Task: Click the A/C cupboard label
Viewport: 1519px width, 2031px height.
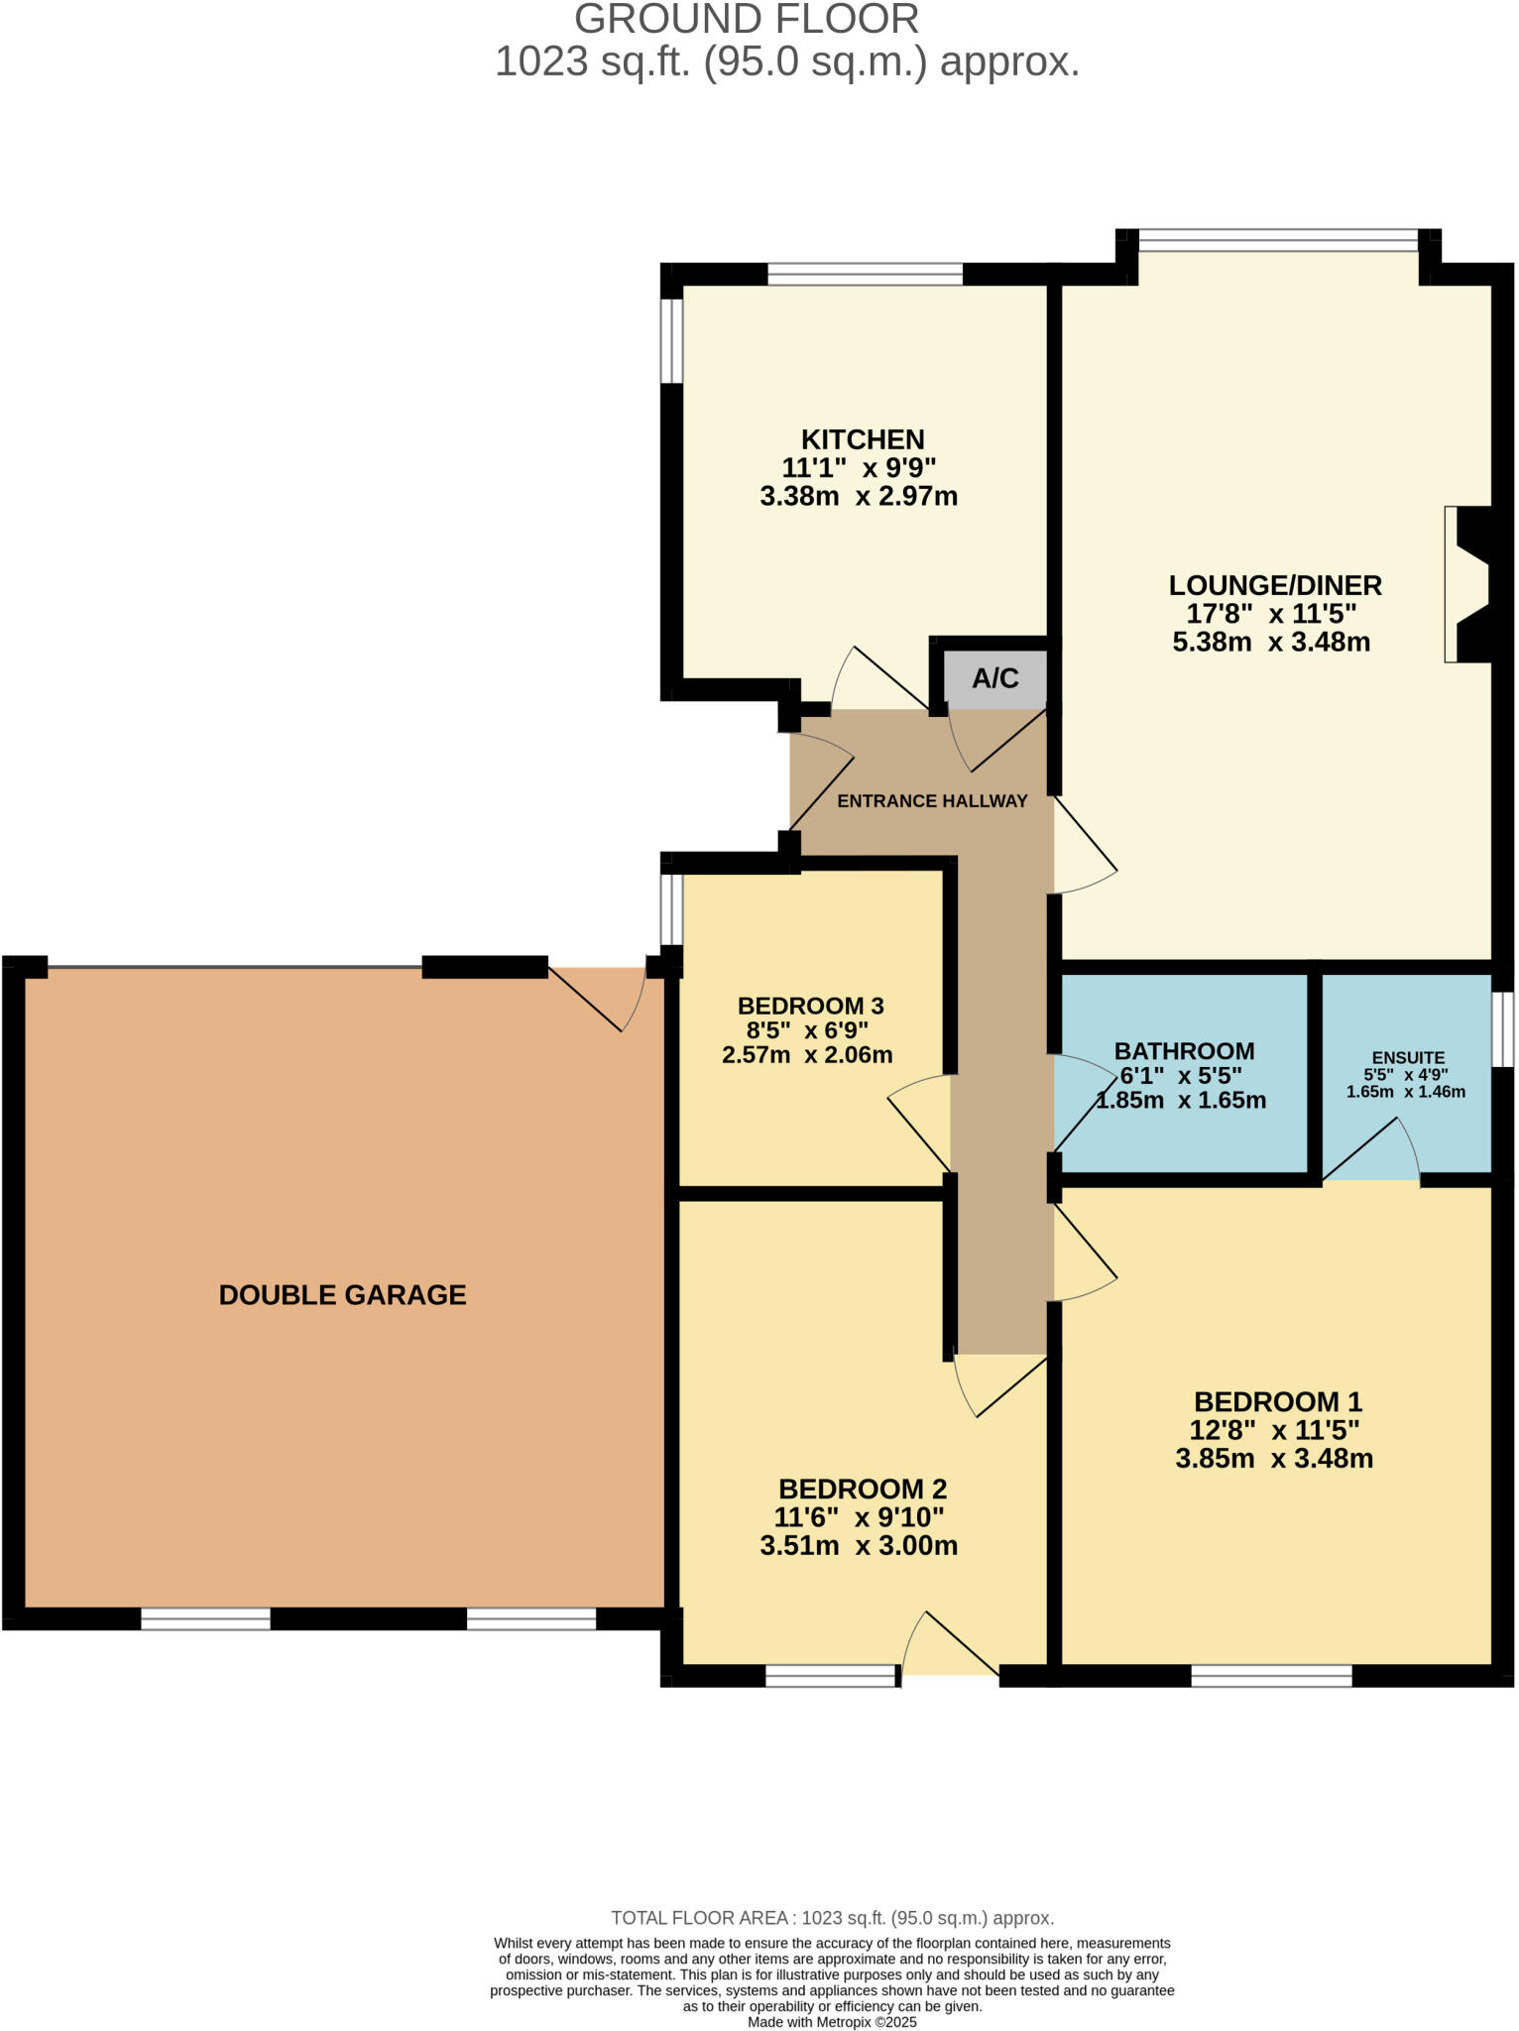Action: [x=995, y=678]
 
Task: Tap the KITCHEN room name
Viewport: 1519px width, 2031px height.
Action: [x=863, y=439]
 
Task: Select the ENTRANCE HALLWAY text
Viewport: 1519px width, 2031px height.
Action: [x=932, y=801]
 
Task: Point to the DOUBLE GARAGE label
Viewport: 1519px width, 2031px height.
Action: [x=342, y=1295]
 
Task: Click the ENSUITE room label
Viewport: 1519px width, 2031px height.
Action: [x=1408, y=1057]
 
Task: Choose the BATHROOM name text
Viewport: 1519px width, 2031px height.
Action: [x=1184, y=1051]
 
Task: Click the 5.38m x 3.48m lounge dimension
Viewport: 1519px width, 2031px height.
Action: [x=1271, y=642]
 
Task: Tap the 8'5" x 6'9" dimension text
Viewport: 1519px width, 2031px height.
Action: [x=807, y=1030]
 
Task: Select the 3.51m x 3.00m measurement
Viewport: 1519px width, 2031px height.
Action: [x=859, y=1545]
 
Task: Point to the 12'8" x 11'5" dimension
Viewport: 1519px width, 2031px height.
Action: [x=1274, y=1430]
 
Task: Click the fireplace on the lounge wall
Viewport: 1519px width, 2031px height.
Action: [x=1467, y=585]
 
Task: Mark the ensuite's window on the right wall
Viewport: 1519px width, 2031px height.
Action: [x=1503, y=1029]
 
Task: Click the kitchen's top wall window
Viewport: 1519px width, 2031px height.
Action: [x=865, y=274]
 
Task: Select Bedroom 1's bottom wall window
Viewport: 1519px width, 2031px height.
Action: [x=1271, y=1675]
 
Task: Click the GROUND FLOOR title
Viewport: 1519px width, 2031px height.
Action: [x=747, y=20]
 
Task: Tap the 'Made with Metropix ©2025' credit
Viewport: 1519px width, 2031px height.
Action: [x=832, y=2022]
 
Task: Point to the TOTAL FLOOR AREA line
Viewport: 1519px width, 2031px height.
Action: [x=832, y=1918]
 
